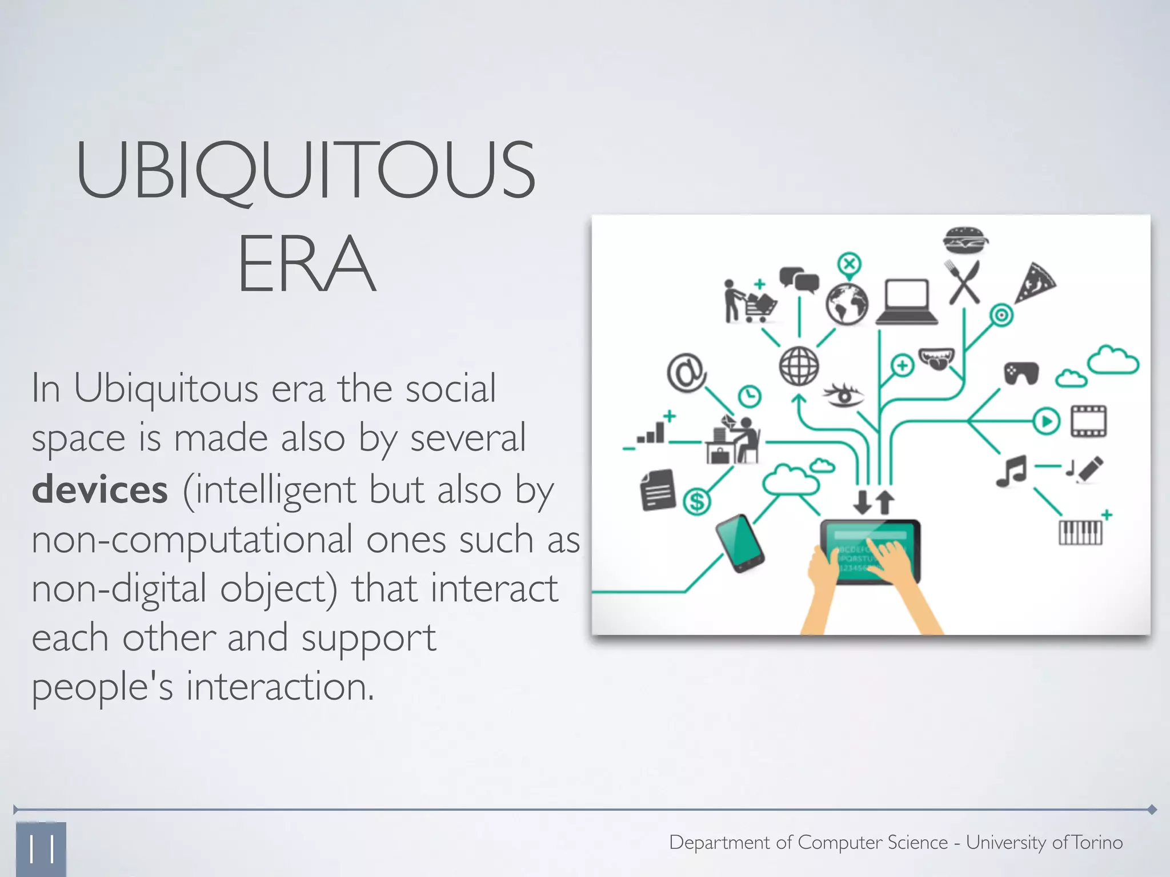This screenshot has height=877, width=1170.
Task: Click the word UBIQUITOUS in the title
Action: tap(306, 170)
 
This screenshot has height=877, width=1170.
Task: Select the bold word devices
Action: tap(100, 490)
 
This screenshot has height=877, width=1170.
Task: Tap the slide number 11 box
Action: tap(41, 849)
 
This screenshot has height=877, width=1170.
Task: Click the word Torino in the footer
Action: tap(1097, 842)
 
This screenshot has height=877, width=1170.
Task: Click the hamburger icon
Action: tap(965, 240)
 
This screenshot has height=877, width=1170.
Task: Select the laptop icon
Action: tap(907, 302)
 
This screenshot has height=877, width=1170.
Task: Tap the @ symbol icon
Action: tap(686, 373)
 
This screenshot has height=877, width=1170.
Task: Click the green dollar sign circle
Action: tap(697, 502)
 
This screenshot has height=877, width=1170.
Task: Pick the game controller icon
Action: tap(1021, 373)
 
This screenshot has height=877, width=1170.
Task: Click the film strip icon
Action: tap(1088, 421)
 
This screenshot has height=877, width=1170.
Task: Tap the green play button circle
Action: tap(1047, 422)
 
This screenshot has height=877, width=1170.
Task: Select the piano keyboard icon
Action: tap(1080, 533)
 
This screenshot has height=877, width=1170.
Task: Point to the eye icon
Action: tap(843, 394)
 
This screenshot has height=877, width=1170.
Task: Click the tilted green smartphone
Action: tap(740, 543)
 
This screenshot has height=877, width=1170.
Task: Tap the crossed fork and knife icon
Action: tap(964, 282)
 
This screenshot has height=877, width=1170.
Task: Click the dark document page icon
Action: tap(658, 490)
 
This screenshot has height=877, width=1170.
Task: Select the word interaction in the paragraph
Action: tap(280, 686)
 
